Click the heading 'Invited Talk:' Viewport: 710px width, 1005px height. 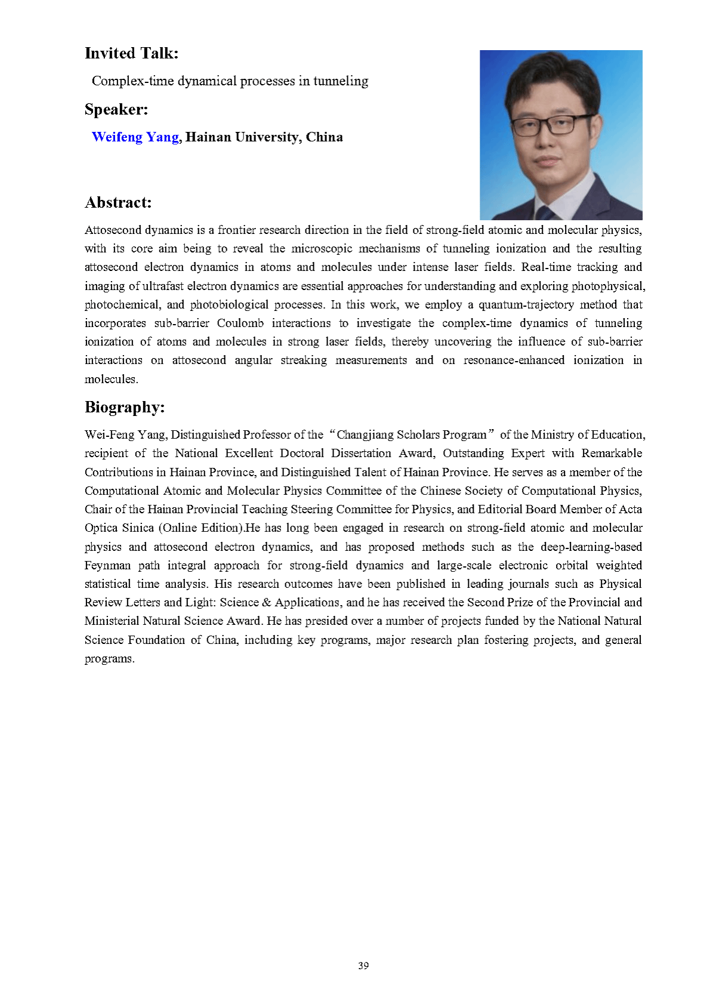[131, 54]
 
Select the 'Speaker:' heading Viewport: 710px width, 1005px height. [116, 110]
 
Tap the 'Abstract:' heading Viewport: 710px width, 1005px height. [118, 203]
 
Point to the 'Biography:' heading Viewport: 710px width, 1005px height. [124, 408]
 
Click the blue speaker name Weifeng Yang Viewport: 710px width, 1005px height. [135, 137]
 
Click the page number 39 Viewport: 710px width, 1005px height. [363, 966]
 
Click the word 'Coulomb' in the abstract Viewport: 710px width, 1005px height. [240, 323]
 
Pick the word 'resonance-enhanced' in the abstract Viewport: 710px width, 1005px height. [514, 360]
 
